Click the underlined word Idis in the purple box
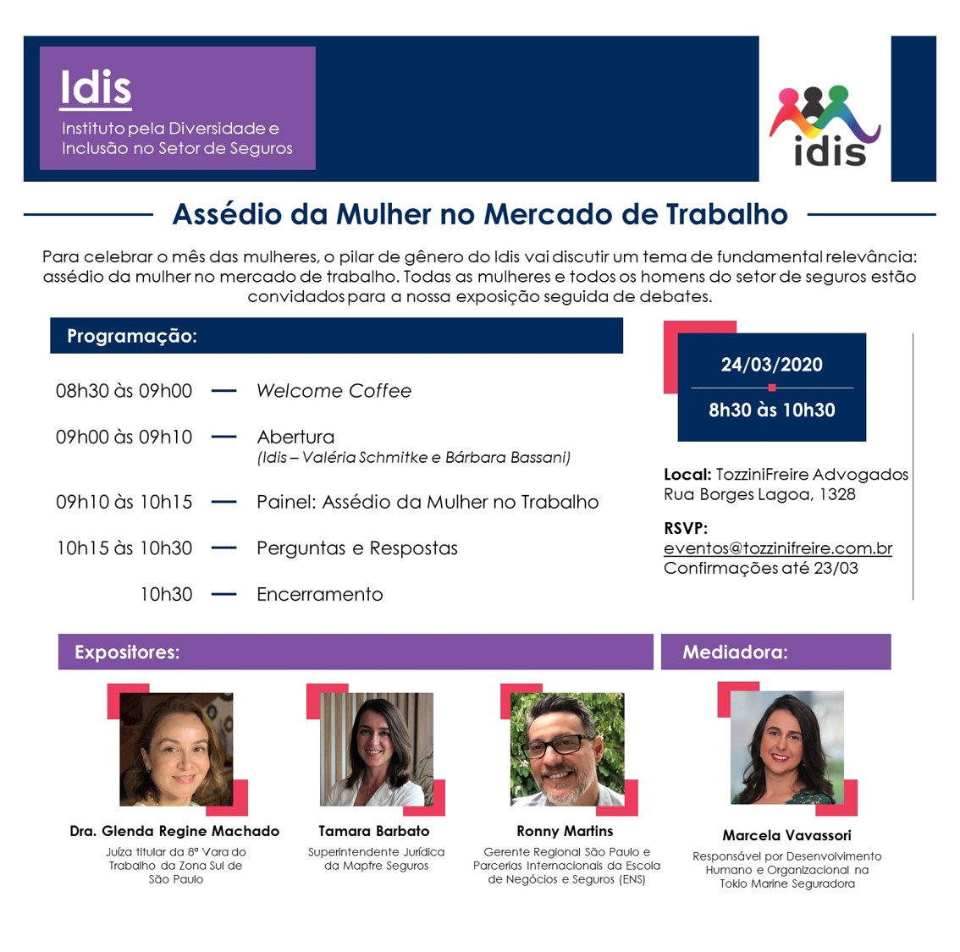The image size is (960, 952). (96, 87)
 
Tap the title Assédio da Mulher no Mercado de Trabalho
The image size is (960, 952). (480, 214)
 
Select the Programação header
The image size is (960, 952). (132, 336)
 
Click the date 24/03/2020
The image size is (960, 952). (771, 365)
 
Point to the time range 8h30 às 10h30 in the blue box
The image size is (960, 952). (771, 410)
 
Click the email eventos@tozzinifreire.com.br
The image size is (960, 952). (777, 548)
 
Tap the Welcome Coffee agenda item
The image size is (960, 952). (334, 391)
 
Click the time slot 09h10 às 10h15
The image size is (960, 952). (124, 502)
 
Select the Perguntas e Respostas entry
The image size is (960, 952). (356, 548)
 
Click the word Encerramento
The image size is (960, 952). (319, 594)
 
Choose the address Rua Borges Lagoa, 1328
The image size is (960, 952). (759, 494)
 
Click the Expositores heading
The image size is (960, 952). (127, 652)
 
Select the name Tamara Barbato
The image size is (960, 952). (374, 831)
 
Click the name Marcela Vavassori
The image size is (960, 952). (786, 835)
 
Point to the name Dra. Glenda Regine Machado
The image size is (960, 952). (174, 831)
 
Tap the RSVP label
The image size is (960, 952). (686, 529)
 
